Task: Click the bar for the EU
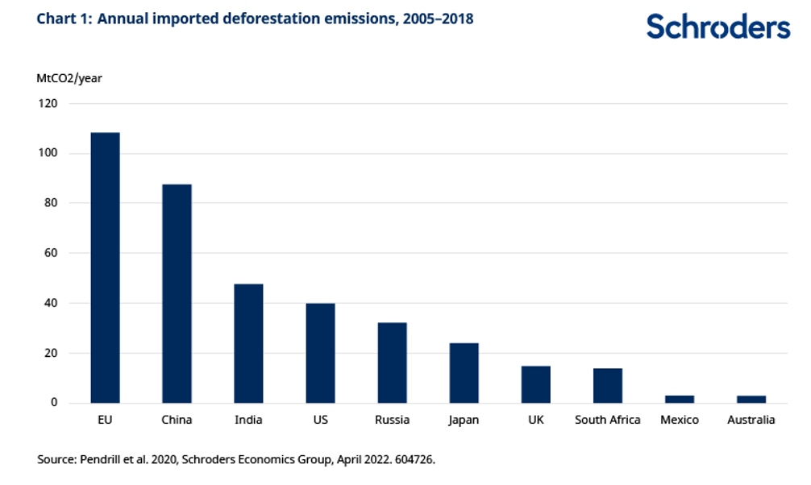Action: (x=105, y=267)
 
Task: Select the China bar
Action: (x=177, y=293)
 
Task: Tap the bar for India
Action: (x=248, y=343)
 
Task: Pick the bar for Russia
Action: (x=392, y=363)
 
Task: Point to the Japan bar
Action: (x=464, y=373)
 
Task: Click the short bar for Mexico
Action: (x=680, y=399)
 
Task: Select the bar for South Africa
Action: (x=608, y=385)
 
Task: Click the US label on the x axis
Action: (x=320, y=420)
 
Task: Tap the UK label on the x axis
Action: (x=536, y=420)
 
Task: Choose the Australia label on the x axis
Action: (x=751, y=420)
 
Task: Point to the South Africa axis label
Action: (x=608, y=420)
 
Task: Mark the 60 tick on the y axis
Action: (x=52, y=253)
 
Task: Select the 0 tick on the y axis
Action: (x=55, y=402)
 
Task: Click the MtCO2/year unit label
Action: (x=69, y=78)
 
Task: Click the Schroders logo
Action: (x=717, y=27)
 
